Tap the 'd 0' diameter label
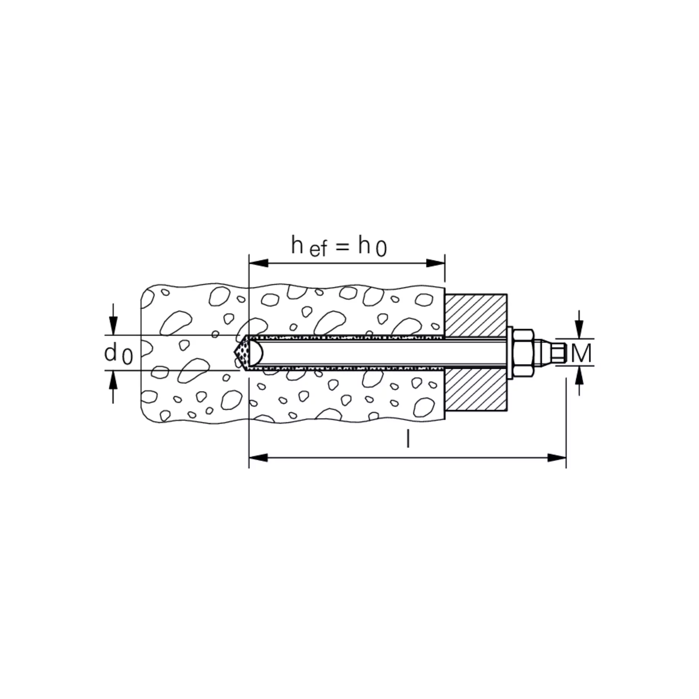(118, 354)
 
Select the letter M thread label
(581, 353)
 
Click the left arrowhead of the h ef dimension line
(258, 263)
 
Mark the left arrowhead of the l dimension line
(258, 458)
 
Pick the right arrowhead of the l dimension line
(557, 458)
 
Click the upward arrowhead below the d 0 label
(113, 380)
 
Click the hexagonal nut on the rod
(523, 352)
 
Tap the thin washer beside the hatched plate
(510, 352)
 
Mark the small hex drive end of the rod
(558, 352)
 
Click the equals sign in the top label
(342, 247)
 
